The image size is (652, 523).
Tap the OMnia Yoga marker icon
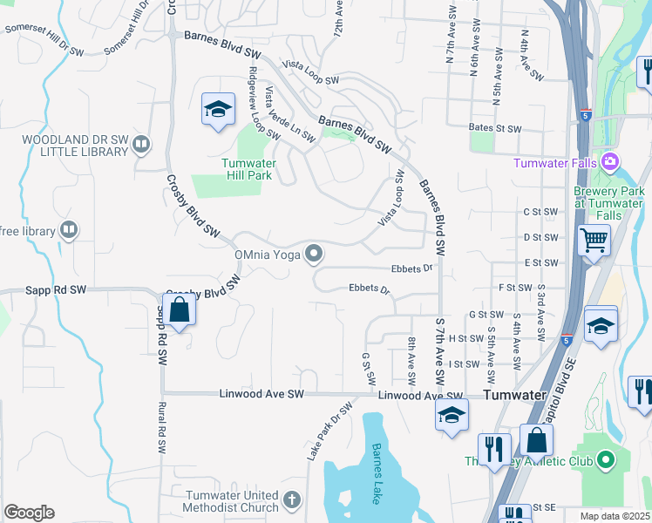[315, 255]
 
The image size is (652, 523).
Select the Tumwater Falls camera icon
[609, 162]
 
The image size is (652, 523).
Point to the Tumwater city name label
[513, 395]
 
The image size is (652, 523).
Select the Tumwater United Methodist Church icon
[291, 500]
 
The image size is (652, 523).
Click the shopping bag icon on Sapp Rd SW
[179, 310]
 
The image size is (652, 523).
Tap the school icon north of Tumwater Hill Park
[218, 109]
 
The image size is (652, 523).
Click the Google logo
[29, 513]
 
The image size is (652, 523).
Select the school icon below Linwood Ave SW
[451, 415]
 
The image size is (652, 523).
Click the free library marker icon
[68, 231]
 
